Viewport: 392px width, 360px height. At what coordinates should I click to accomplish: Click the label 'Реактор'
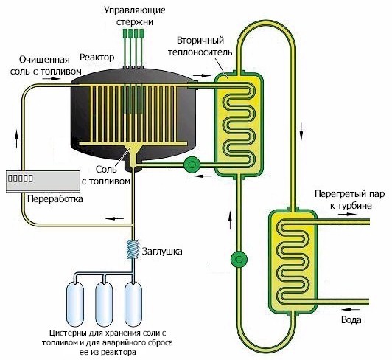tap(97, 58)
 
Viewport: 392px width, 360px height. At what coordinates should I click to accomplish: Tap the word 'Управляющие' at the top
tap(135, 10)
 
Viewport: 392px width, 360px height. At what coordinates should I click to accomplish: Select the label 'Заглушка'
tap(162, 251)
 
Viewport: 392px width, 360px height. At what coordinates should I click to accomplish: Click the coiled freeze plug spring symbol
tap(133, 249)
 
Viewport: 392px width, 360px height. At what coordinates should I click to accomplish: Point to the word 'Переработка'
tap(55, 199)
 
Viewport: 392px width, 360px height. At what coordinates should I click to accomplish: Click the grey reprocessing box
tap(43, 181)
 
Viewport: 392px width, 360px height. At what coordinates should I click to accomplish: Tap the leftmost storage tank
tap(75, 304)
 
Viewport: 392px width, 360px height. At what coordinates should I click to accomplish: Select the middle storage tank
tap(104, 304)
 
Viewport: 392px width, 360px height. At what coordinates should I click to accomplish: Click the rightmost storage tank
tap(133, 304)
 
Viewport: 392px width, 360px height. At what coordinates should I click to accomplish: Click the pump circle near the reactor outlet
tap(192, 165)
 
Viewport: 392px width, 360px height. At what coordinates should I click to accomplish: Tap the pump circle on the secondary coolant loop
tap(239, 259)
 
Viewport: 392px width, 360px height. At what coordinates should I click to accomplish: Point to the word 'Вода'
tap(351, 320)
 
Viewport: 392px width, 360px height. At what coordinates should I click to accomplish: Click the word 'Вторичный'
tap(200, 41)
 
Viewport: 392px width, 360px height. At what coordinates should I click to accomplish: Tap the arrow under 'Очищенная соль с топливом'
tap(52, 79)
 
